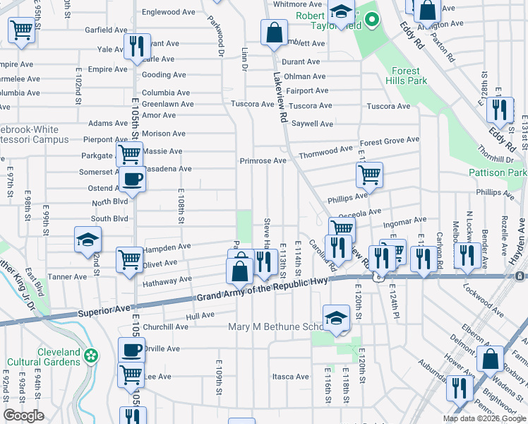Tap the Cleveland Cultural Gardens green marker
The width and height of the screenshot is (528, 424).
click(90, 355)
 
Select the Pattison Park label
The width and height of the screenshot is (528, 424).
click(497, 172)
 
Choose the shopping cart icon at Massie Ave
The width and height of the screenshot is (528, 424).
click(129, 153)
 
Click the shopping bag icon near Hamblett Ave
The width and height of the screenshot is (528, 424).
click(273, 31)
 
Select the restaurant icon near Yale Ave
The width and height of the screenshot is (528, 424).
click(136, 46)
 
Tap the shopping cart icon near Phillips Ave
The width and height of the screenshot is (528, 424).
click(368, 174)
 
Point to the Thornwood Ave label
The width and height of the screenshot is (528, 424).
click(325, 150)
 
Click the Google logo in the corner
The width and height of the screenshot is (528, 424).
click(23, 416)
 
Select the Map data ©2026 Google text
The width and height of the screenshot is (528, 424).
click(484, 418)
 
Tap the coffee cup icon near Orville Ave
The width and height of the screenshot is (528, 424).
click(131, 350)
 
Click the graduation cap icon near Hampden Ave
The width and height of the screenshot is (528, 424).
click(88, 239)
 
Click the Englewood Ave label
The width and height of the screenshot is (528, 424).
click(168, 12)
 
